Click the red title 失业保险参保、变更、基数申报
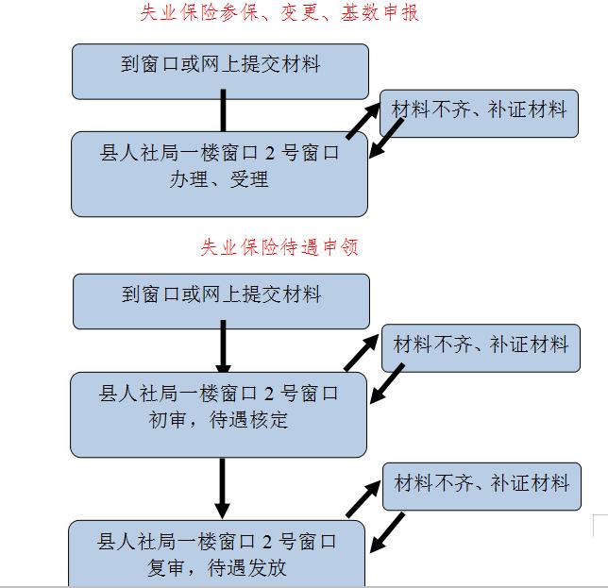pyautogui.click(x=279, y=13)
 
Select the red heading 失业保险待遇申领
pyautogui.click(x=279, y=247)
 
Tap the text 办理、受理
pyautogui.click(x=219, y=178)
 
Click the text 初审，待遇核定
pyautogui.click(x=219, y=418)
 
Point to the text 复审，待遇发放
pyautogui.click(x=218, y=567)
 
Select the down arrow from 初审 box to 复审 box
pyautogui.click(x=224, y=488)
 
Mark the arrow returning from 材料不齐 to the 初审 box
pyautogui.click(x=388, y=386)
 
